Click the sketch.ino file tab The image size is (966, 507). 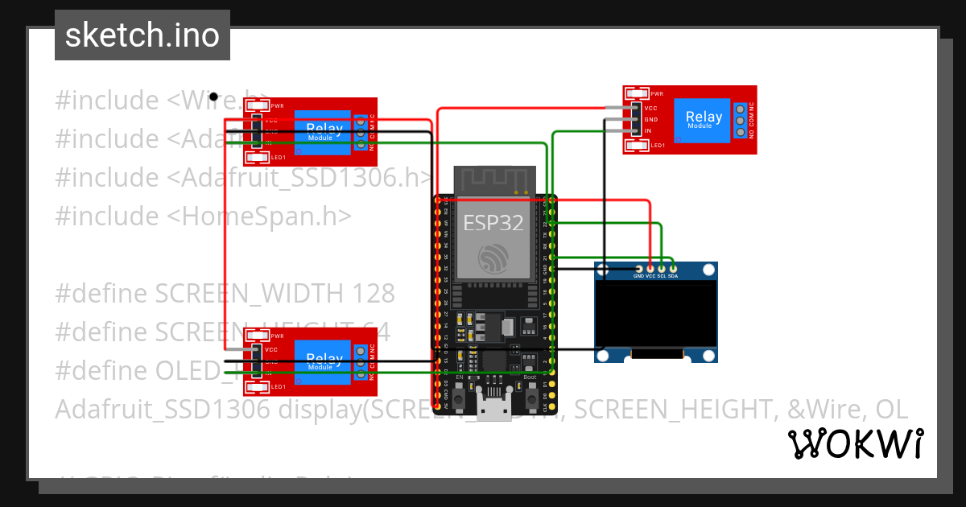pos(142,35)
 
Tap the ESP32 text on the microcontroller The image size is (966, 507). pos(493,222)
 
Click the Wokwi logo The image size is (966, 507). pos(855,443)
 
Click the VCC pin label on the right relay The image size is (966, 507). pos(650,108)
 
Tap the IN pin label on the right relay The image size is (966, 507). pos(647,130)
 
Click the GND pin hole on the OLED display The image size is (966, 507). pos(638,269)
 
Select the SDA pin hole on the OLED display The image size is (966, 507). pos(673,269)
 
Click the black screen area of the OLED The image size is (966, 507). pos(655,314)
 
